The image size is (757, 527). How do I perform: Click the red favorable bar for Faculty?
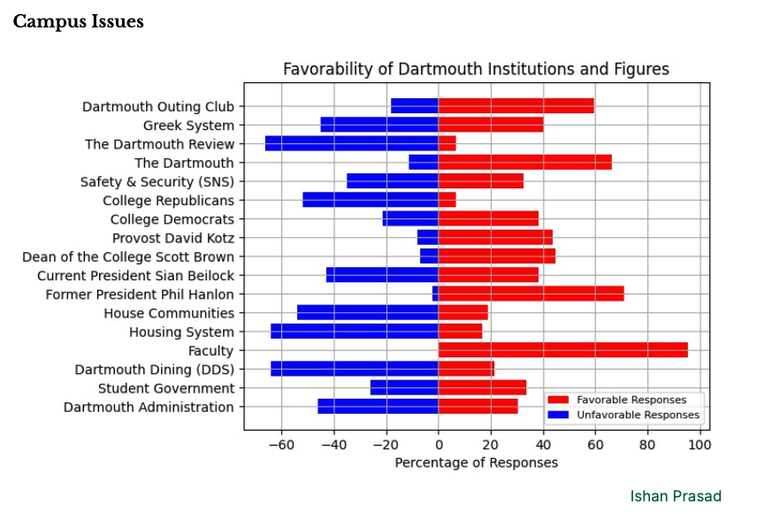click(x=562, y=351)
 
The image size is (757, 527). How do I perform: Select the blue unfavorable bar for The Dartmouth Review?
click(x=352, y=144)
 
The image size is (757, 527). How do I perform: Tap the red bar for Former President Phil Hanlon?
click(x=531, y=294)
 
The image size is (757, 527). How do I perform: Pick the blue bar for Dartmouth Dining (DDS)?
click(x=354, y=370)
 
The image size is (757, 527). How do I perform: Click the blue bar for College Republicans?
click(x=370, y=201)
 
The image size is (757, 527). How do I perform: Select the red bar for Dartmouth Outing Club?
click(x=516, y=106)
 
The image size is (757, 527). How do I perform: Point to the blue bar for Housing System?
click(x=354, y=332)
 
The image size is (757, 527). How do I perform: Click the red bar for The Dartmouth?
click(x=524, y=163)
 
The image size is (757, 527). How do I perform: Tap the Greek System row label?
click(x=188, y=126)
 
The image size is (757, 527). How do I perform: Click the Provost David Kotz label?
click(x=173, y=238)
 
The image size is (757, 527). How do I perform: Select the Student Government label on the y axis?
click(x=166, y=388)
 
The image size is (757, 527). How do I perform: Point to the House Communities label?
click(x=169, y=313)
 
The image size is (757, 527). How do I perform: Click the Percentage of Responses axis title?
click(x=476, y=462)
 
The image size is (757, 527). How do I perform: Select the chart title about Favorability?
click(x=476, y=69)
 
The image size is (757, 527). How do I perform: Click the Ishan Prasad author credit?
click(x=676, y=496)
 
